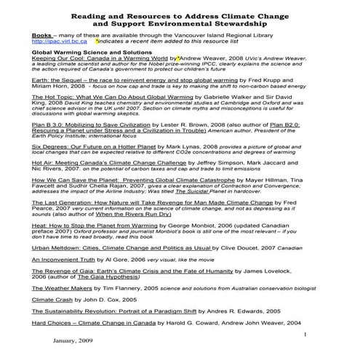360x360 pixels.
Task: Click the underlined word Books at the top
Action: coord(41,35)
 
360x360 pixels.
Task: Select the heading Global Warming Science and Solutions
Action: coord(88,52)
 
